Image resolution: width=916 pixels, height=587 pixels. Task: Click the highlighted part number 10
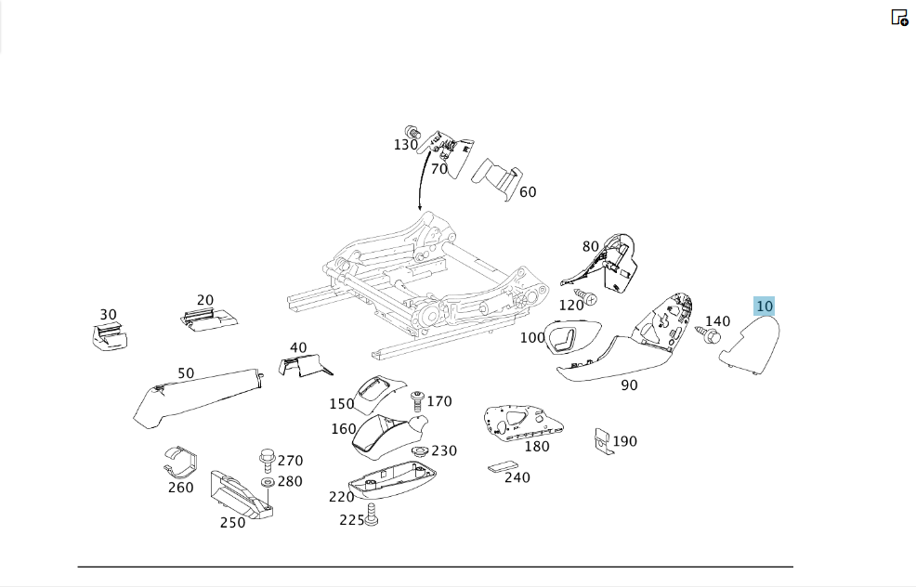[x=765, y=307]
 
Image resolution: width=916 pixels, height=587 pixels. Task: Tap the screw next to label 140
[x=709, y=334]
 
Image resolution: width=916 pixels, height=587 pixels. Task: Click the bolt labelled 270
[x=267, y=461]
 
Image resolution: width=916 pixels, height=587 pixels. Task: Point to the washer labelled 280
[x=268, y=482]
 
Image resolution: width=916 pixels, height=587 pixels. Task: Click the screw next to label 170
[x=417, y=401]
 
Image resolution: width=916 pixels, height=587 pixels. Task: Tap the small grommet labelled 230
[x=419, y=450]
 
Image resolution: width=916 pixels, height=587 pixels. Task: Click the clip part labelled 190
[x=604, y=440]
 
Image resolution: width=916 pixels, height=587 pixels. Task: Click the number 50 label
[x=186, y=373]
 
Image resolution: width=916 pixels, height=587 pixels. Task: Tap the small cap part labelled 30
[x=110, y=337]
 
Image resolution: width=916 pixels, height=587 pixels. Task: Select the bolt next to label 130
[x=413, y=133]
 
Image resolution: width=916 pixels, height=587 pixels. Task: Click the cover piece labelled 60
[x=497, y=178]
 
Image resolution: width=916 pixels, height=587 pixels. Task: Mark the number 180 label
[x=537, y=446]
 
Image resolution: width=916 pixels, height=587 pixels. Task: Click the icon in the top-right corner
[x=899, y=18]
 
